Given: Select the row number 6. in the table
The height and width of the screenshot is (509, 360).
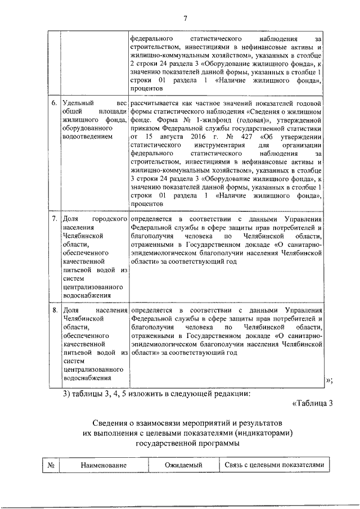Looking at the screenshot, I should pos(54,104).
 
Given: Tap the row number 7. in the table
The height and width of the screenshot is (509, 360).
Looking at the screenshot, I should pos(54,218).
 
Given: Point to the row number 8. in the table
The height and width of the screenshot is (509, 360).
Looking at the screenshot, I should pos(54,310).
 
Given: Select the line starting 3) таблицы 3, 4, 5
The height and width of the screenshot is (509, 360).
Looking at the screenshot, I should pos(156,393).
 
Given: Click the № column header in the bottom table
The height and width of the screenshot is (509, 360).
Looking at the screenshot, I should pos(51,465).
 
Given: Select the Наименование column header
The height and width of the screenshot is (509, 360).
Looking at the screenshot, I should pos(103,465).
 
